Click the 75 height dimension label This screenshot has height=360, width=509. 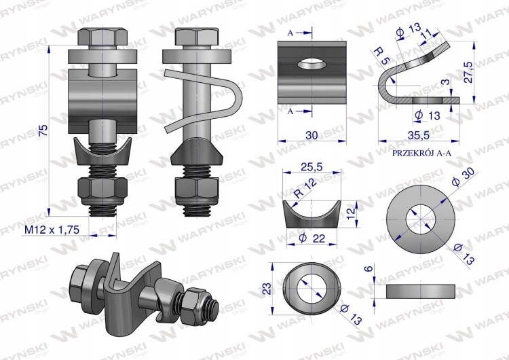(x=43, y=130)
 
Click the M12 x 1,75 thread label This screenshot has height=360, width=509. (x=52, y=230)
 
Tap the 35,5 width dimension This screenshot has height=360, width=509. (x=419, y=135)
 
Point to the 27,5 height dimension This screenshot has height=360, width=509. (x=468, y=71)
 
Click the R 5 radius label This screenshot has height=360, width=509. (x=381, y=56)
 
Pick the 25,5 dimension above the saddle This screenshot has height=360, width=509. (x=312, y=166)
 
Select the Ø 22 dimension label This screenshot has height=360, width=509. (x=312, y=238)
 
